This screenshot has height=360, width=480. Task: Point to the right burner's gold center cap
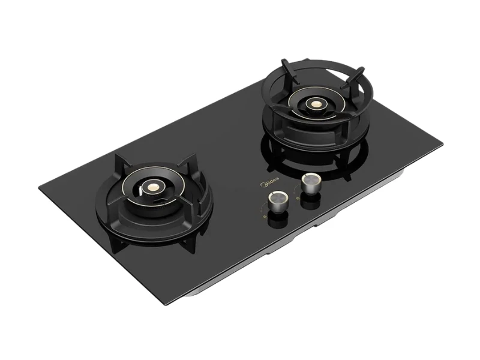coord(314,103)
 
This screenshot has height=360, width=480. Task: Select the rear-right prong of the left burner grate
coord(193,161)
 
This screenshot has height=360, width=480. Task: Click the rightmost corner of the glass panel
coord(442,145)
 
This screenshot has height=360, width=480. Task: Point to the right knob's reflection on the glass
coord(311,200)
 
